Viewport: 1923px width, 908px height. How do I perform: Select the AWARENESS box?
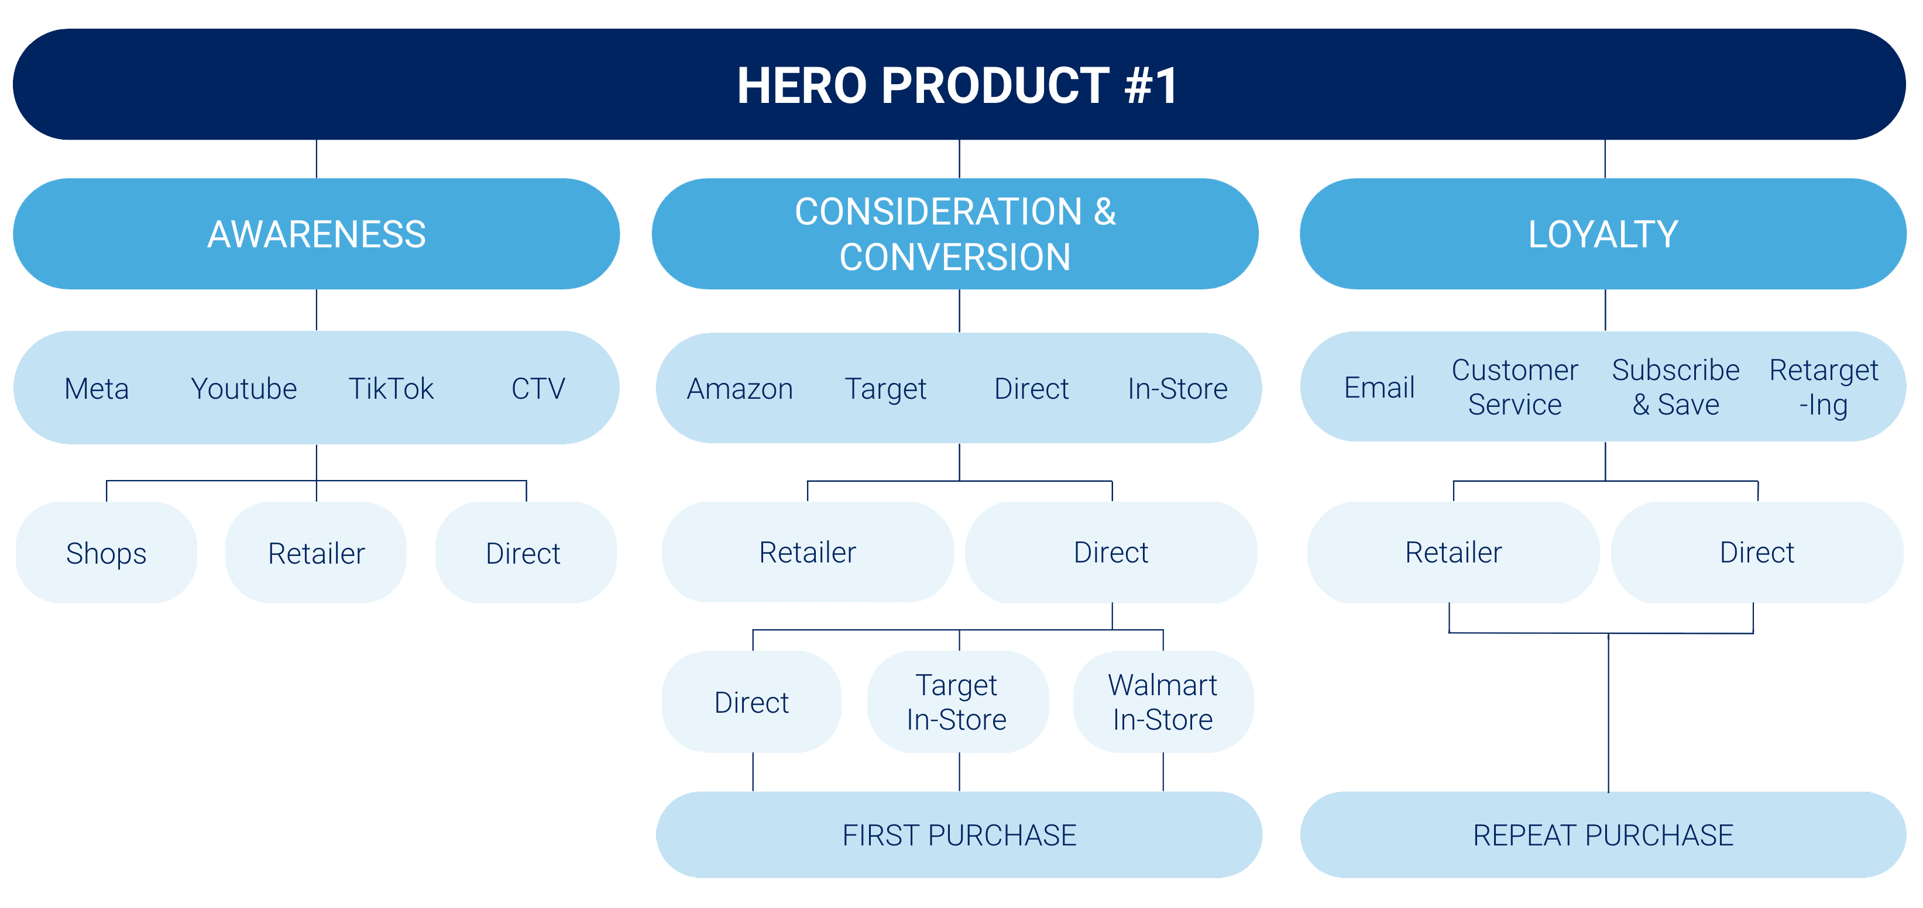pyautogui.click(x=317, y=233)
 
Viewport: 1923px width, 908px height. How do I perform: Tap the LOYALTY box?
pyautogui.click(x=1603, y=233)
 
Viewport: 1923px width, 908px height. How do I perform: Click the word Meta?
pyautogui.click(x=97, y=389)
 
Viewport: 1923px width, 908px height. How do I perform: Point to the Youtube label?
pyautogui.click(x=243, y=389)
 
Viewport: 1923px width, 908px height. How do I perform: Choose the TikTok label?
pyautogui.click(x=390, y=389)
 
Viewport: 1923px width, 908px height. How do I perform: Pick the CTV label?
pyautogui.click(x=538, y=389)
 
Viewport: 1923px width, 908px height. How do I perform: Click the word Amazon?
pyautogui.click(x=740, y=389)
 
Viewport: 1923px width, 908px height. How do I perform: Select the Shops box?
pyautogui.click(x=106, y=553)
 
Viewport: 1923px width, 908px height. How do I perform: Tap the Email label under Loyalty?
pyautogui.click(x=1379, y=387)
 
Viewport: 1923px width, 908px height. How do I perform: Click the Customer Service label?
pyautogui.click(x=1515, y=387)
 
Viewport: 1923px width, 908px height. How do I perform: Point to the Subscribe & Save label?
pyautogui.click(x=1676, y=387)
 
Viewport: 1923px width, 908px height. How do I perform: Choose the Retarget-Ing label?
pyautogui.click(x=1824, y=387)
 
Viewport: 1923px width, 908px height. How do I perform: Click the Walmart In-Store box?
pyautogui.click(x=1163, y=702)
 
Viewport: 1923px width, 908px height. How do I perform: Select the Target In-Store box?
pyautogui.click(x=958, y=702)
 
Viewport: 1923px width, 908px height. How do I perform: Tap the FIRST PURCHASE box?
pyautogui.click(x=959, y=835)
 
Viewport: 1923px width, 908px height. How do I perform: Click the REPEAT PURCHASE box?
pyautogui.click(x=1603, y=835)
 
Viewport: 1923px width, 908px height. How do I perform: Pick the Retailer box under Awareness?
pyautogui.click(x=317, y=553)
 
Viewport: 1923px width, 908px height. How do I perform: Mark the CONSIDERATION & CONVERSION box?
pyautogui.click(x=955, y=233)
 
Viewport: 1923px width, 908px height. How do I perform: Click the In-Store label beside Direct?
pyautogui.click(x=1177, y=389)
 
